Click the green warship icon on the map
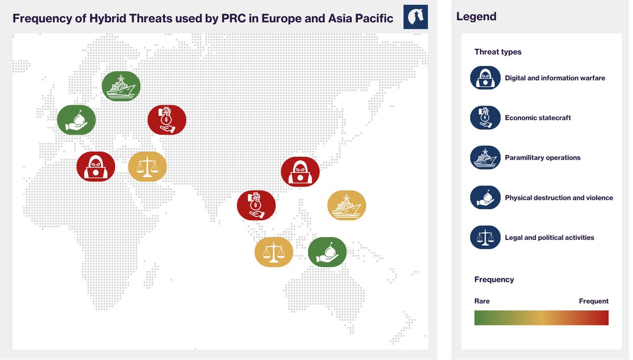(121, 86)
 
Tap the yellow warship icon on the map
(347, 205)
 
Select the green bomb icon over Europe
(76, 120)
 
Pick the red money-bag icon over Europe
(167, 120)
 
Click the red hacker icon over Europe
(95, 166)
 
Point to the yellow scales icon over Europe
(147, 166)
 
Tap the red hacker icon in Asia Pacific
(300, 171)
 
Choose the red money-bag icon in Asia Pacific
(256, 205)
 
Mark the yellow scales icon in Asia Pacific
(274, 252)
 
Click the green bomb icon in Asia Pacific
(327, 252)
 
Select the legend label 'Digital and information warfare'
(555, 78)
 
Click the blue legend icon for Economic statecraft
(485, 118)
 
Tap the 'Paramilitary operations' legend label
(542, 158)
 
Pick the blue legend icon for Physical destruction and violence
(485, 198)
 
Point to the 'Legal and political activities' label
(549, 238)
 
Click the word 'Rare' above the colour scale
(482, 301)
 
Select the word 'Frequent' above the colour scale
(593, 301)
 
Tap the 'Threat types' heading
(497, 52)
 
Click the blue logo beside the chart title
(415, 17)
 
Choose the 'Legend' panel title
(476, 17)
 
